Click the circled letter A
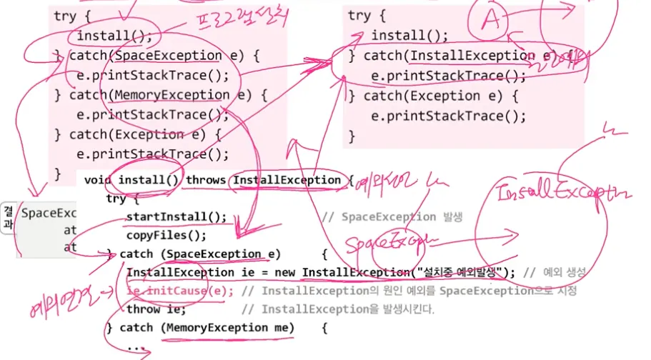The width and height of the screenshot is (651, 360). click(490, 21)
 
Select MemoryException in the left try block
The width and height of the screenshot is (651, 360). click(171, 95)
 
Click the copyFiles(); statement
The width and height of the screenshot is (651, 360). click(167, 235)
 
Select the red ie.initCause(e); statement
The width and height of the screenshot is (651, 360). click(180, 291)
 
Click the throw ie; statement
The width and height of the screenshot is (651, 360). click(156, 309)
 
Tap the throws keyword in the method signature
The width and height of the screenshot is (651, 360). click(206, 180)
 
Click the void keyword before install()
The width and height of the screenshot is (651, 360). click(98, 180)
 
